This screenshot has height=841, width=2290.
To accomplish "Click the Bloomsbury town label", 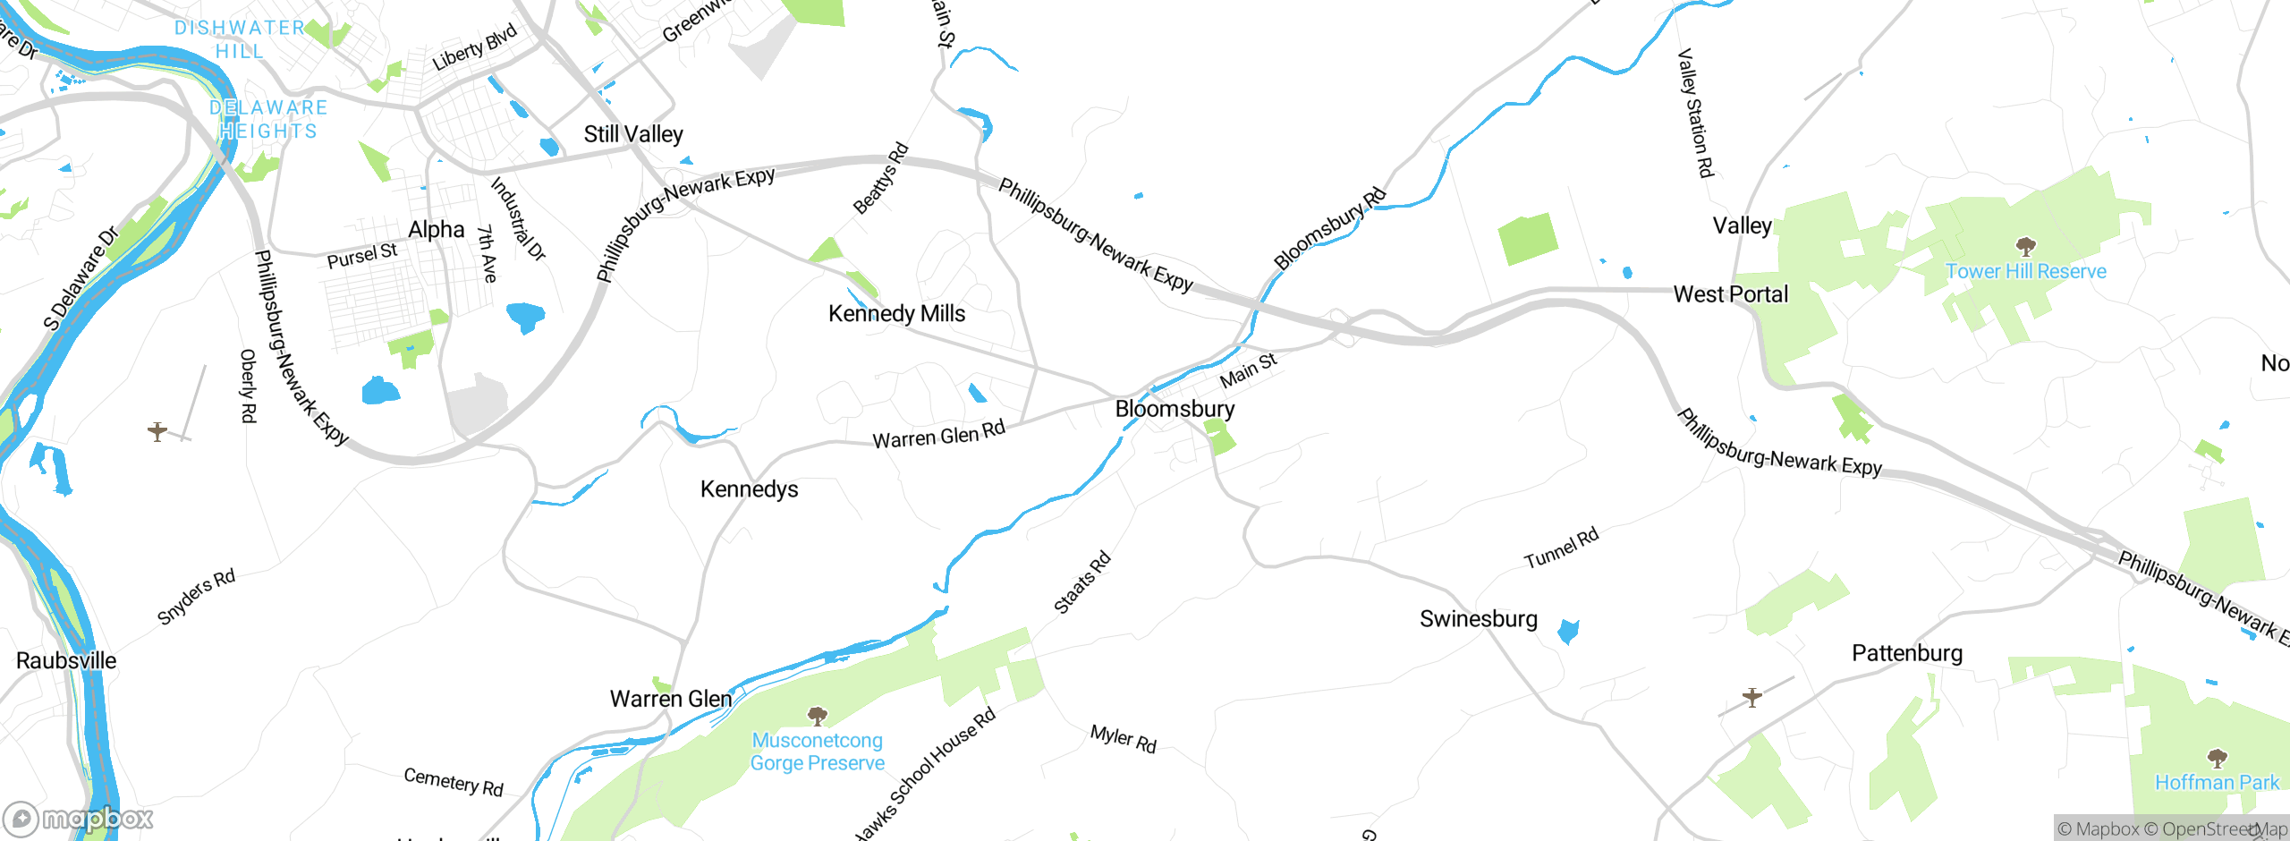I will [x=1175, y=409].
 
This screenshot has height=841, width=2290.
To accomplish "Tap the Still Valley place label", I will [x=633, y=134].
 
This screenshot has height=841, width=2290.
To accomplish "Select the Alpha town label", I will [x=437, y=230].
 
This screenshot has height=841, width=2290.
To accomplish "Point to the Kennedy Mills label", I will [x=896, y=314].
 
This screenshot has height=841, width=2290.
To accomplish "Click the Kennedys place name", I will [x=749, y=489].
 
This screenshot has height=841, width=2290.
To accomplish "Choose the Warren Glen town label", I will [x=671, y=699].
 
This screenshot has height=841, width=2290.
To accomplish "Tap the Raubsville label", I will [x=66, y=661].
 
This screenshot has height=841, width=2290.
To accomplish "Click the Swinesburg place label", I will [x=1479, y=619].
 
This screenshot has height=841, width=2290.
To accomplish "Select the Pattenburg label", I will [x=1907, y=653].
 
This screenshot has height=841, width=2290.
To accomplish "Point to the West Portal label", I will [x=1731, y=294].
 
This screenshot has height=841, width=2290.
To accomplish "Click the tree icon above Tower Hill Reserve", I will [x=2026, y=246].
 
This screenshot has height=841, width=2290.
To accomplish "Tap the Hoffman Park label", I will [x=2217, y=783].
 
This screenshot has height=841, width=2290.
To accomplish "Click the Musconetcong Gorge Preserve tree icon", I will [x=817, y=716].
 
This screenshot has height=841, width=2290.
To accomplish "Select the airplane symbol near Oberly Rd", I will [x=157, y=431].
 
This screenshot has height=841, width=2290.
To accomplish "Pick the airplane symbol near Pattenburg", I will [x=1752, y=697].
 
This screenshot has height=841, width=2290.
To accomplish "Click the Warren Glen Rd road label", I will [x=938, y=435].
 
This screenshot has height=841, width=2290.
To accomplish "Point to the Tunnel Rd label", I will [x=1561, y=548].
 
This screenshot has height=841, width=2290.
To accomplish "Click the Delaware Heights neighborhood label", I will [x=268, y=119].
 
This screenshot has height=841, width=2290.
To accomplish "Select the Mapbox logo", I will [x=79, y=819].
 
